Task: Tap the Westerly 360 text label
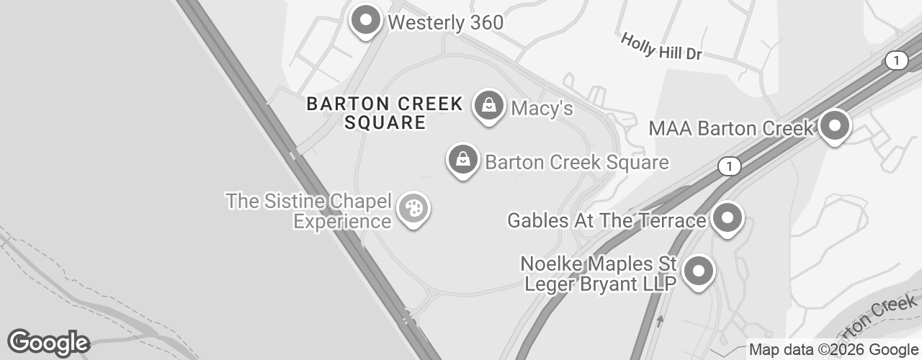[x=445, y=22]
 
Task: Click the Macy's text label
[x=542, y=109]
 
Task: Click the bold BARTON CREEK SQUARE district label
[x=385, y=113]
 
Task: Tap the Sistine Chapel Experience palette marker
[x=413, y=210]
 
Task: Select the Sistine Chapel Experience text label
[x=309, y=210]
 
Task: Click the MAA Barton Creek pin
[x=835, y=126]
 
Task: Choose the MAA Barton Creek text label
[x=731, y=129]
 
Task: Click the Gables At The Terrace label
[x=607, y=220]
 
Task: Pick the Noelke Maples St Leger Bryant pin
[x=697, y=272]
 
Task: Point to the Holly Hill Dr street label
[x=661, y=48]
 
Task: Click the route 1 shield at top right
[x=896, y=61]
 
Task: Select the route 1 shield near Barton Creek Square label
[x=730, y=167]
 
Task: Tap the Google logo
[x=48, y=343]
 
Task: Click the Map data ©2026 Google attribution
[x=833, y=350]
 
